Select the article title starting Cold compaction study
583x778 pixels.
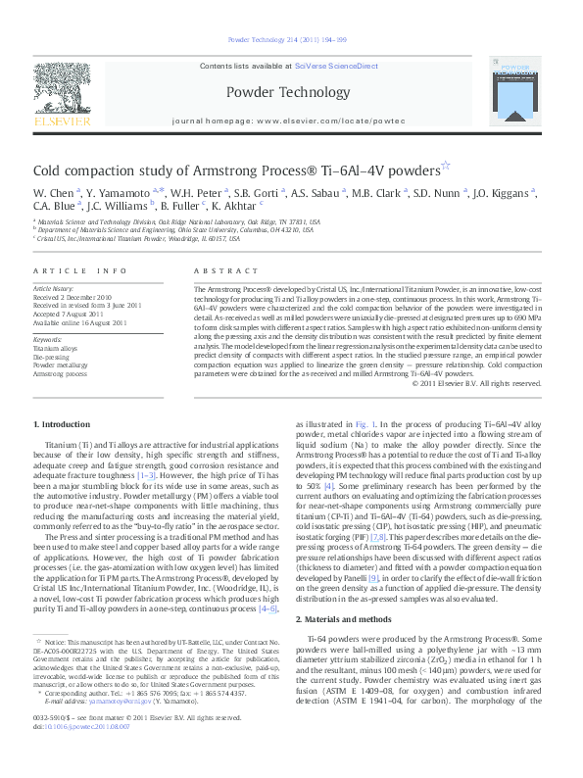point(235,169)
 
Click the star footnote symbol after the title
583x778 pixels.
point(446,164)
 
